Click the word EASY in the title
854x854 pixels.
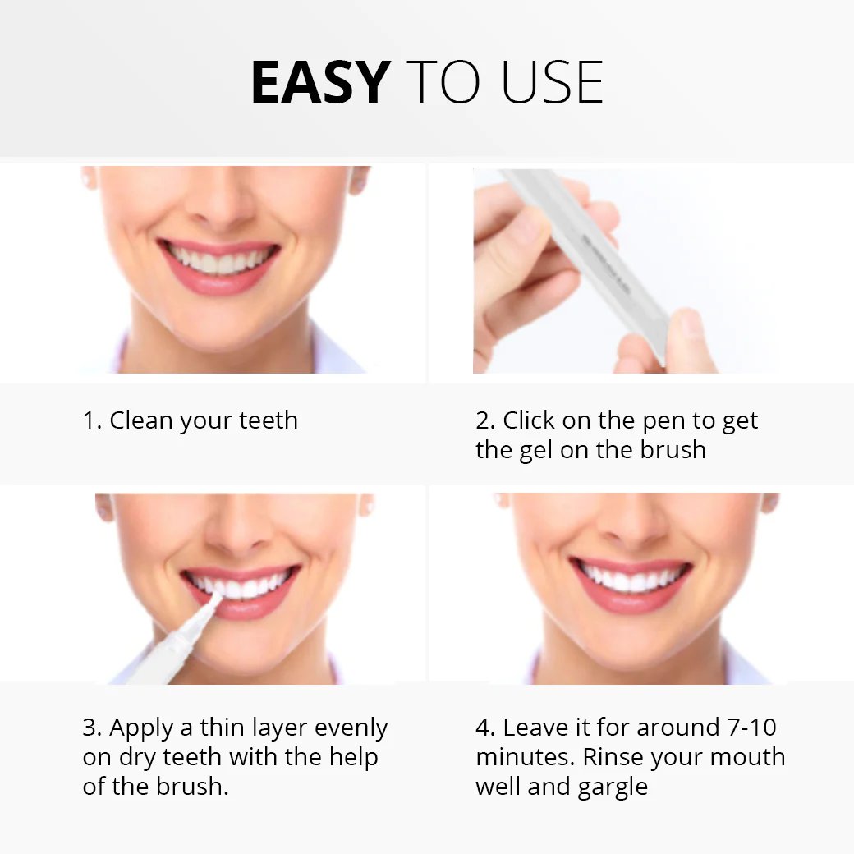click(319, 83)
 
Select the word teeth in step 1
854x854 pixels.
click(269, 420)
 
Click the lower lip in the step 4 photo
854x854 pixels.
click(631, 599)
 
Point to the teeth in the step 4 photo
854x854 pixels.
click(631, 578)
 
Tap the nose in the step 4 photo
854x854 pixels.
click(631, 530)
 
